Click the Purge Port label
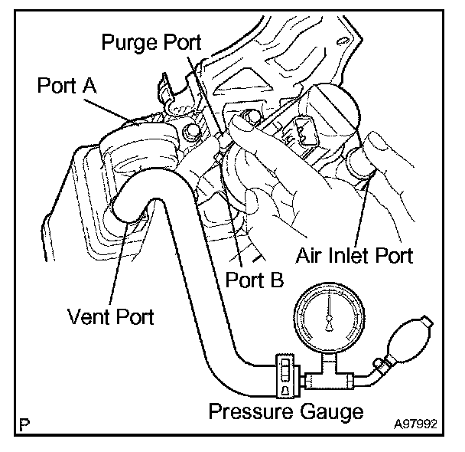(151, 42)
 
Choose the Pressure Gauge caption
(285, 411)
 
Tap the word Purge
(128, 42)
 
